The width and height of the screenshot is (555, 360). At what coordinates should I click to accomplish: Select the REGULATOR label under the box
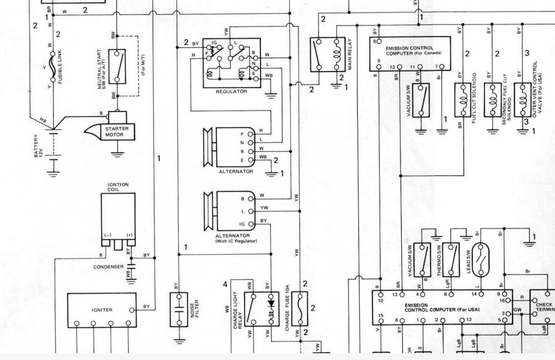(231, 92)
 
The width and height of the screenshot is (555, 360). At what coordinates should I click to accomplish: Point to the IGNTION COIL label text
(118, 187)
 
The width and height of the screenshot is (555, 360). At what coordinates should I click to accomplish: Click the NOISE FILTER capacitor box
(179, 310)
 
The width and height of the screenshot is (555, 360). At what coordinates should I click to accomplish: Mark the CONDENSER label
(109, 267)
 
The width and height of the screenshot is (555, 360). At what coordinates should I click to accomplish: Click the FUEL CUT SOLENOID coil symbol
(461, 100)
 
